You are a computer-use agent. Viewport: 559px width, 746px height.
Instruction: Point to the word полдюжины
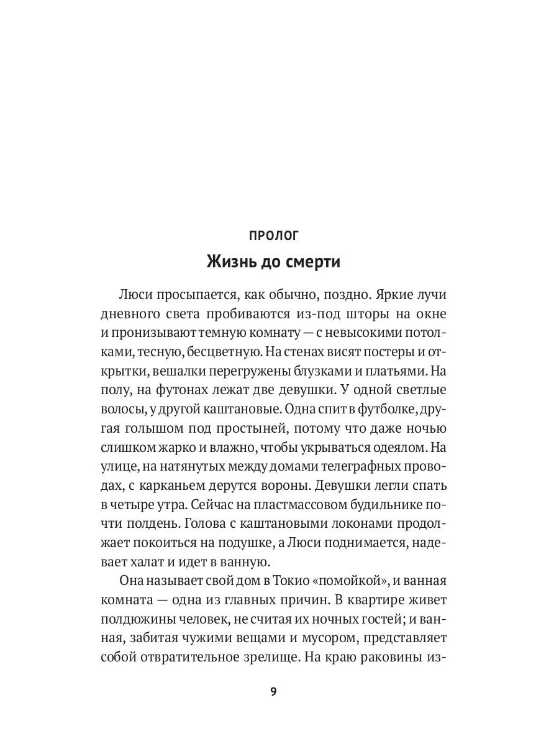[x=132, y=620]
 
